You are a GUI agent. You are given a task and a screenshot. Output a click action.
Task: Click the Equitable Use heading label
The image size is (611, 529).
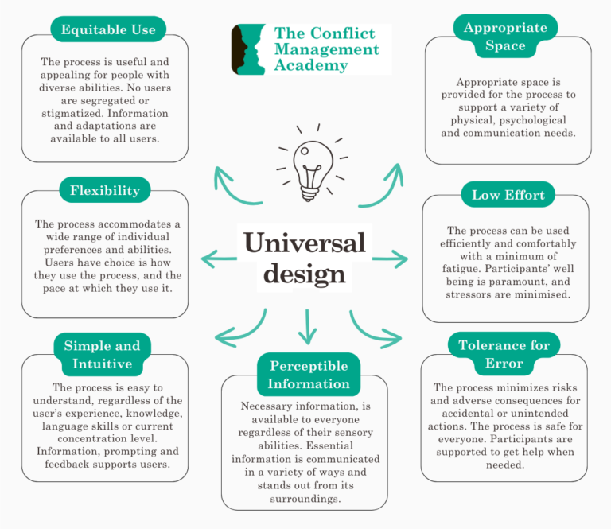pyautogui.click(x=108, y=30)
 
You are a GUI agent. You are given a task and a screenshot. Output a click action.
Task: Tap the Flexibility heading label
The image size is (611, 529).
pyautogui.click(x=104, y=190)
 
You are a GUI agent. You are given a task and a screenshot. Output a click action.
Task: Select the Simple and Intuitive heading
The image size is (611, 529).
pyautogui.click(x=102, y=355)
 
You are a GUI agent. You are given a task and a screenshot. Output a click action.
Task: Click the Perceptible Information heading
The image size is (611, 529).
pyautogui.click(x=309, y=375)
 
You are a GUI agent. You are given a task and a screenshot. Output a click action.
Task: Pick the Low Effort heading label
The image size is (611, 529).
pyautogui.click(x=508, y=195)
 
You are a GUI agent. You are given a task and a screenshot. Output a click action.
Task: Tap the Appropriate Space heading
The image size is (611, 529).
pyautogui.click(x=505, y=37)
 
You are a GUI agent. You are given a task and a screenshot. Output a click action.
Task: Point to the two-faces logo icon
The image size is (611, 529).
pyautogui.click(x=248, y=49)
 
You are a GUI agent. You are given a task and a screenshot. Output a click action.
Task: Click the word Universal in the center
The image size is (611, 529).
pyautogui.click(x=305, y=242)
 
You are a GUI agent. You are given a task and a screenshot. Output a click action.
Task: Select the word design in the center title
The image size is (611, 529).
pyautogui.click(x=305, y=274)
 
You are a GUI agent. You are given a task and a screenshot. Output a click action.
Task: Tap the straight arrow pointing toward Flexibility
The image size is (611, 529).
pyautogui.click(x=220, y=259)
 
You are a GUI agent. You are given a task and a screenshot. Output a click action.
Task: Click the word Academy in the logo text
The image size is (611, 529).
pyautogui.click(x=310, y=65)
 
